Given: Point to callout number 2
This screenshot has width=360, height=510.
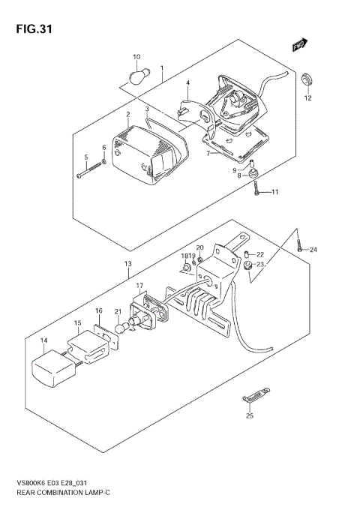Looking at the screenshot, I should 128,115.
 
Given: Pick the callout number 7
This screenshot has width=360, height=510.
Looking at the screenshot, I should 208,153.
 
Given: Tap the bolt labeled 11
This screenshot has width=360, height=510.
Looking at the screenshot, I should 257,193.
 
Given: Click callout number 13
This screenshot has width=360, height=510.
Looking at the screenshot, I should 127,263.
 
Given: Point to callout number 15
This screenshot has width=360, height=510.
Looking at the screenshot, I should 77,323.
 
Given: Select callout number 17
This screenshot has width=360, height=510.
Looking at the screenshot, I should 139,286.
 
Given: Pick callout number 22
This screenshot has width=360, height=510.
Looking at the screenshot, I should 260,254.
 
